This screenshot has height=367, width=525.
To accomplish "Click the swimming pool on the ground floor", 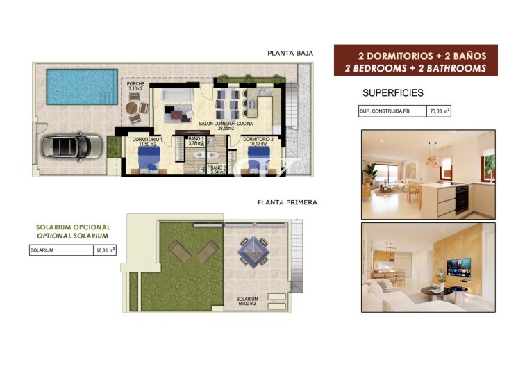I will pos(82,86).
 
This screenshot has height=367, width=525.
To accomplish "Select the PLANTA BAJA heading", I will pos(290,53).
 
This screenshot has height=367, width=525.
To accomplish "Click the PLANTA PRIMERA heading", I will pos(287,202).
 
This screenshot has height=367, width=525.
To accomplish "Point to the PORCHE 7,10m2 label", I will pos(135,87).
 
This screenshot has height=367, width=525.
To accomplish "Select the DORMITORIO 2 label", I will pos(258,141).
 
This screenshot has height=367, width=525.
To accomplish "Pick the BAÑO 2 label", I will pos(217,169).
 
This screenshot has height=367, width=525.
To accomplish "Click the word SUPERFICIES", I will pos(392,92).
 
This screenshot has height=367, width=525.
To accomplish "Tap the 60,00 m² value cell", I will pos(105,251).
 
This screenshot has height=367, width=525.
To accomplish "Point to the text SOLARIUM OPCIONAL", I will pos(73,227).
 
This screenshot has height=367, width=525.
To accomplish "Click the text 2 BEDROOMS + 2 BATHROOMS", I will pos(415,68).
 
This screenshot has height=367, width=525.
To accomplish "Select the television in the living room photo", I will pos(458,266).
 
